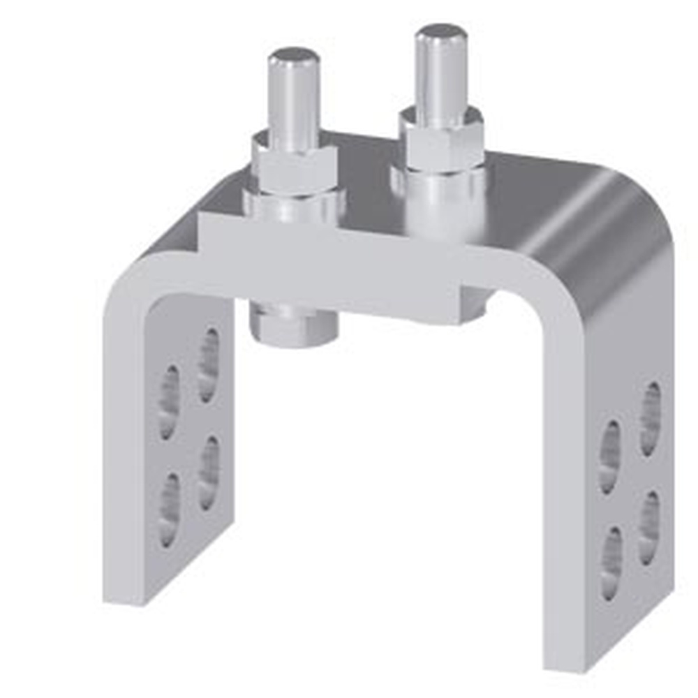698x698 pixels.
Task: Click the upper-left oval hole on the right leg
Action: click(609, 456)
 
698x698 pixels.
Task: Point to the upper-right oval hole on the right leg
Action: click(650, 417)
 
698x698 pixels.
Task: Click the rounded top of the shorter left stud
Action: click(294, 56)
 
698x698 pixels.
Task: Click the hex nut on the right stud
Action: click(441, 140)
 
